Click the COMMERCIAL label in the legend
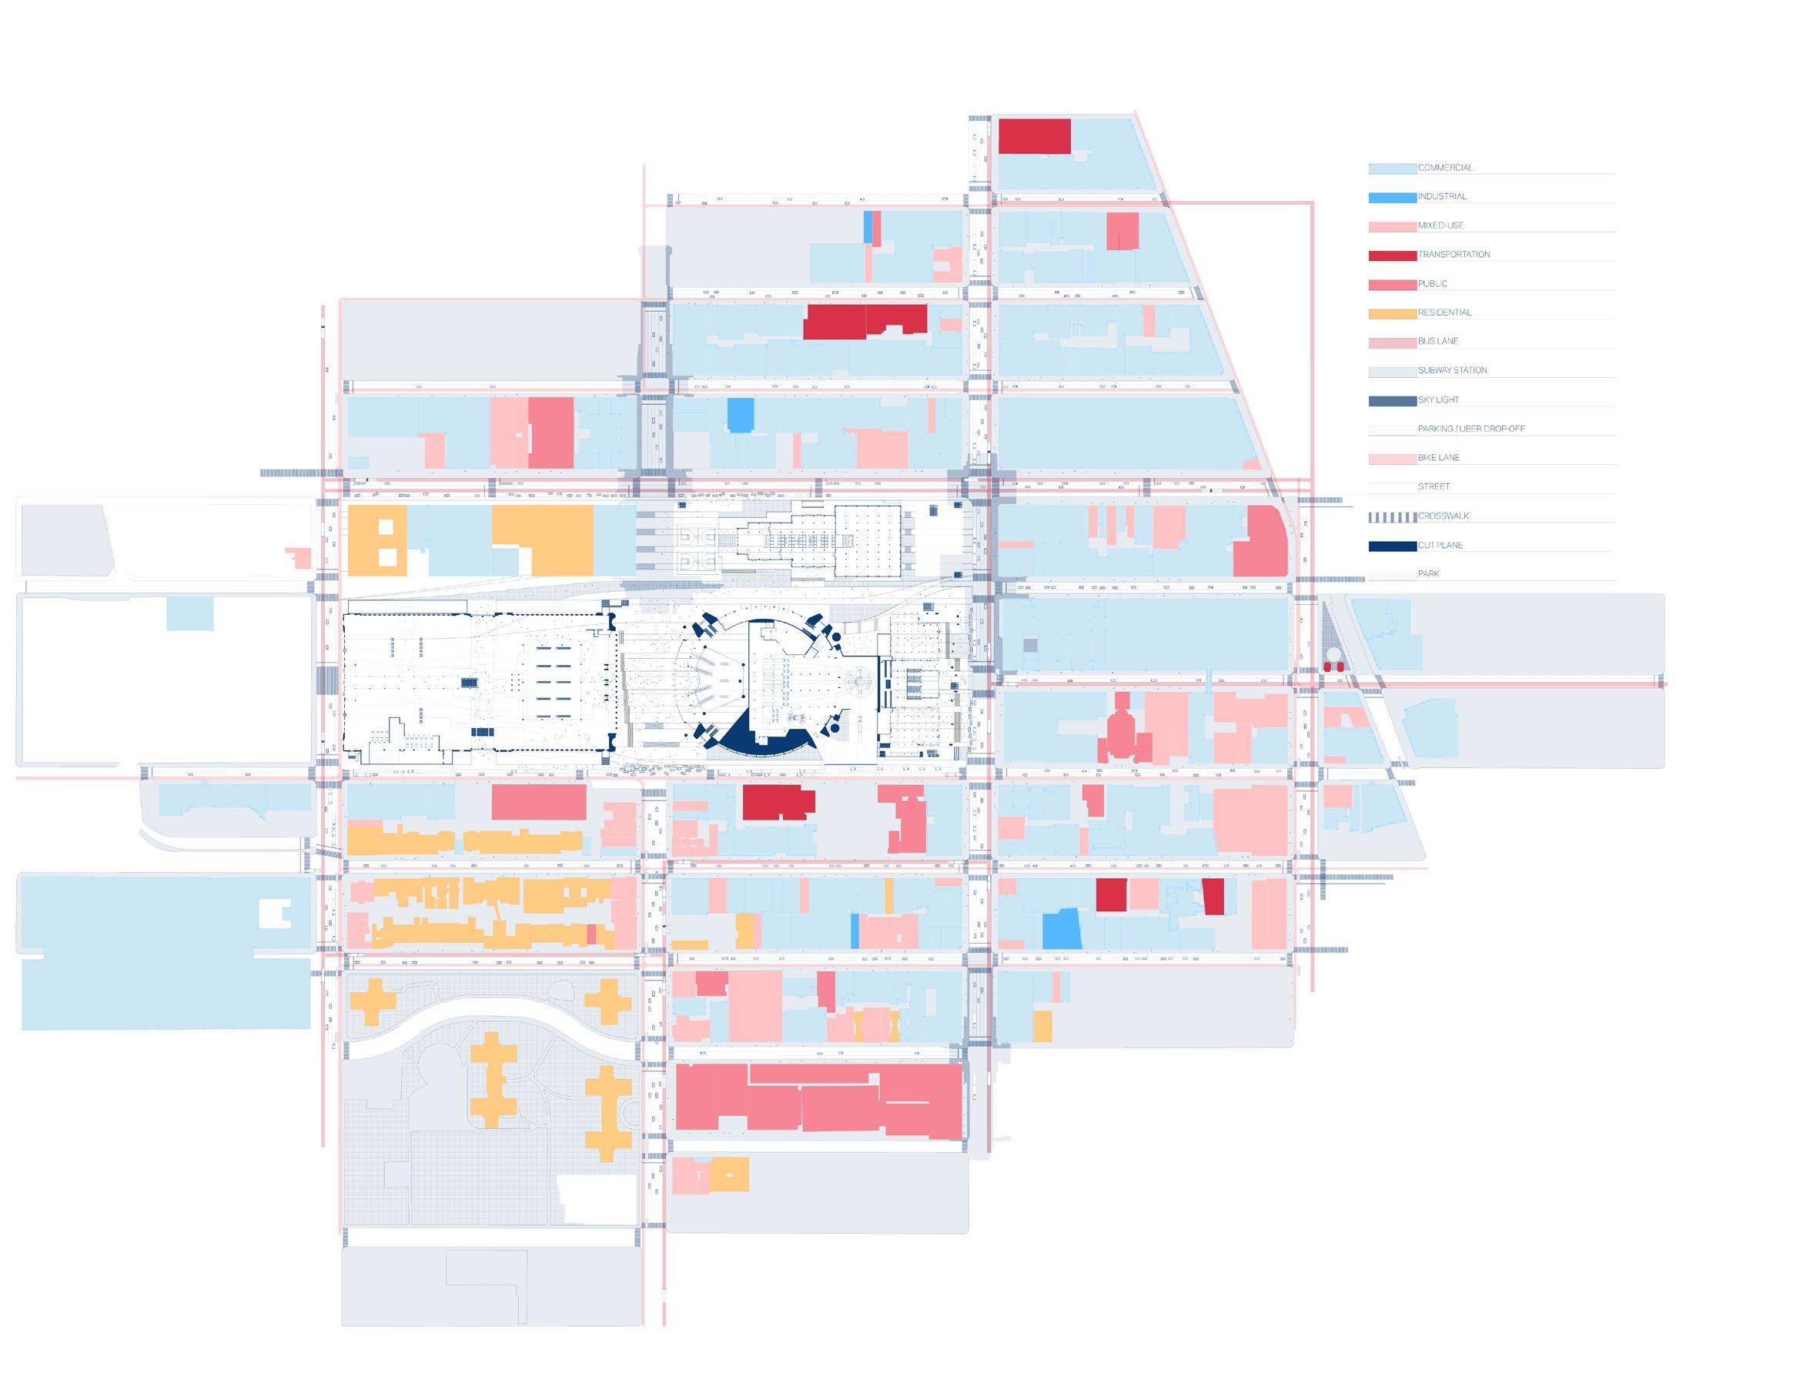(1445, 168)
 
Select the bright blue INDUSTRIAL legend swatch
(1392, 198)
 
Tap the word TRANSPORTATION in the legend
(1453, 254)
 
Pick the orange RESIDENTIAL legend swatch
(1392, 314)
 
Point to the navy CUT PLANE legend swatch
(1392, 546)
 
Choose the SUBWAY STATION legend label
(1452, 370)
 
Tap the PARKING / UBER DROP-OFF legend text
(1471, 428)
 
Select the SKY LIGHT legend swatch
(1392, 400)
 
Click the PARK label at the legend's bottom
(1427, 573)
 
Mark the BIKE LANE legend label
(1438, 458)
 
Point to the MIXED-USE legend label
(1440, 225)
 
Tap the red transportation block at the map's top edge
(1033, 135)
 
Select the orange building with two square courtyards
(377, 540)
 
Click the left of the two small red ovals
(1328, 667)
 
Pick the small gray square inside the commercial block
(1030, 646)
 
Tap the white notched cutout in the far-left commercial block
(275, 914)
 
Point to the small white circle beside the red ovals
(1333, 655)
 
